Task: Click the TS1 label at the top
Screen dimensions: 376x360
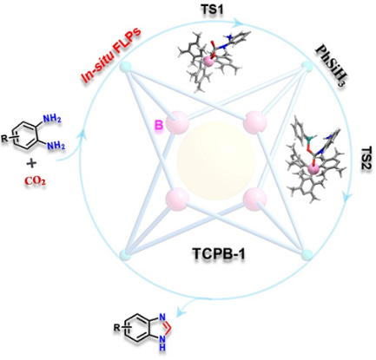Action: (213, 10)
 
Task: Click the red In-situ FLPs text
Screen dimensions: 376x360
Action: (112, 54)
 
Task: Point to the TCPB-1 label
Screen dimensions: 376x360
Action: (219, 254)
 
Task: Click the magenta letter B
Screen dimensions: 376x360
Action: (159, 126)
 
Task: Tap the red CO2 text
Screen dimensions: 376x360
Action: (35, 181)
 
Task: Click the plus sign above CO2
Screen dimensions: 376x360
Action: (31, 164)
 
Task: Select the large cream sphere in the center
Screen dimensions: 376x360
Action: (216, 160)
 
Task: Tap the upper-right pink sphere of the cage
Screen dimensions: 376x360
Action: (254, 122)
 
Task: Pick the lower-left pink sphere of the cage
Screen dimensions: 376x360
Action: (177, 199)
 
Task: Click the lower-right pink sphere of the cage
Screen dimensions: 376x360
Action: (254, 199)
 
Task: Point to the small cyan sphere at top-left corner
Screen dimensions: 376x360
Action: (125, 68)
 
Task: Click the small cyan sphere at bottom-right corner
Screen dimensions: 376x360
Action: (307, 255)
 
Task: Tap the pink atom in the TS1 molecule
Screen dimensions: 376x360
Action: (208, 61)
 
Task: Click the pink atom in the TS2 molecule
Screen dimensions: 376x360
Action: (313, 170)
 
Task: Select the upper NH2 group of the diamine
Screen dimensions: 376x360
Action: (52, 118)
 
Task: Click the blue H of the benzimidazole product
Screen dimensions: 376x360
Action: (162, 347)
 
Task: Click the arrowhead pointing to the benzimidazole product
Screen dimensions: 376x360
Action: (180, 311)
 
